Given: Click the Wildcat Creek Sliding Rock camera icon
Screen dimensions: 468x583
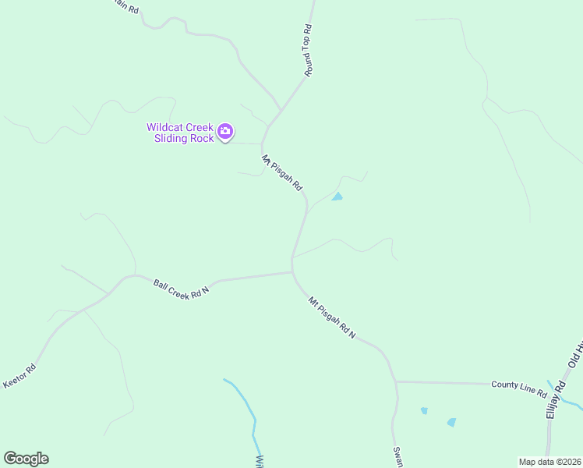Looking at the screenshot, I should (x=225, y=132).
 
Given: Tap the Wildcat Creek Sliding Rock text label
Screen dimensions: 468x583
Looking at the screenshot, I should (x=181, y=133).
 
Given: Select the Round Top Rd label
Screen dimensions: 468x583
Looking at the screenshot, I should (x=308, y=51).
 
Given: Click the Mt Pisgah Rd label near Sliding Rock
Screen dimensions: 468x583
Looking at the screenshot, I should (x=281, y=175).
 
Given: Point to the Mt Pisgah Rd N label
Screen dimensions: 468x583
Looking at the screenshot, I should (x=331, y=317).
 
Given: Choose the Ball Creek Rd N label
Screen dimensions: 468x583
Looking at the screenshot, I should (x=181, y=288).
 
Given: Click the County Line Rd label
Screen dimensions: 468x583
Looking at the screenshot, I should (x=518, y=385).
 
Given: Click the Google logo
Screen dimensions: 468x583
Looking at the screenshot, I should (x=26, y=459).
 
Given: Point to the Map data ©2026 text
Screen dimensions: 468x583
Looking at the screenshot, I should (x=549, y=462).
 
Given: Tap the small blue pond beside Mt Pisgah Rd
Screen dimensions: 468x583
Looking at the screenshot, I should (x=337, y=197).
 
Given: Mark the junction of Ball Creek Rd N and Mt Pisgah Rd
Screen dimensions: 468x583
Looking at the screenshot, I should (x=292, y=272).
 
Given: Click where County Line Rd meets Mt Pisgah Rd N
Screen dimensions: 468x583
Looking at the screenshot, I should (x=396, y=382).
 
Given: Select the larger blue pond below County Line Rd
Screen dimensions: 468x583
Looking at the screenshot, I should (x=451, y=422).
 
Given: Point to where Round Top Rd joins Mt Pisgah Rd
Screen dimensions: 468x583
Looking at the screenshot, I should (x=271, y=123).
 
